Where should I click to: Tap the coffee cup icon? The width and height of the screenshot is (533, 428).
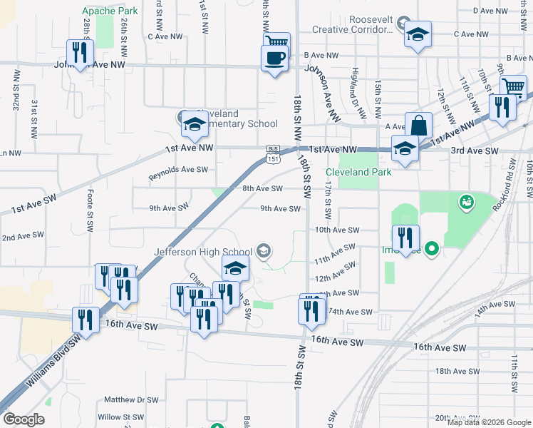click(274, 57)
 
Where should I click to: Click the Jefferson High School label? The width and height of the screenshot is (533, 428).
click(203, 251)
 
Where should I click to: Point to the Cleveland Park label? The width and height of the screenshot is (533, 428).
click(358, 172)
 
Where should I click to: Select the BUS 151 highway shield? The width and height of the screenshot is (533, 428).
click(273, 154)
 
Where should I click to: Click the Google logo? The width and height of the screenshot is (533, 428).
click(25, 419)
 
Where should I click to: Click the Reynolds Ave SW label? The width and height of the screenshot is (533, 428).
click(178, 170)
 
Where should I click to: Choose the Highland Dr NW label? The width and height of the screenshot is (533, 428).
click(356, 92)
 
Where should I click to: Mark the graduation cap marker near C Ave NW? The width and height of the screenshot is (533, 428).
click(418, 35)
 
